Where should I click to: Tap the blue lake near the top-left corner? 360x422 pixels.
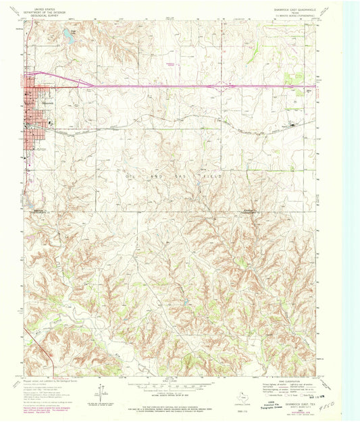tap(68, 35)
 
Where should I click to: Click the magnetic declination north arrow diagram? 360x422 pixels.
tap(101, 390)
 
